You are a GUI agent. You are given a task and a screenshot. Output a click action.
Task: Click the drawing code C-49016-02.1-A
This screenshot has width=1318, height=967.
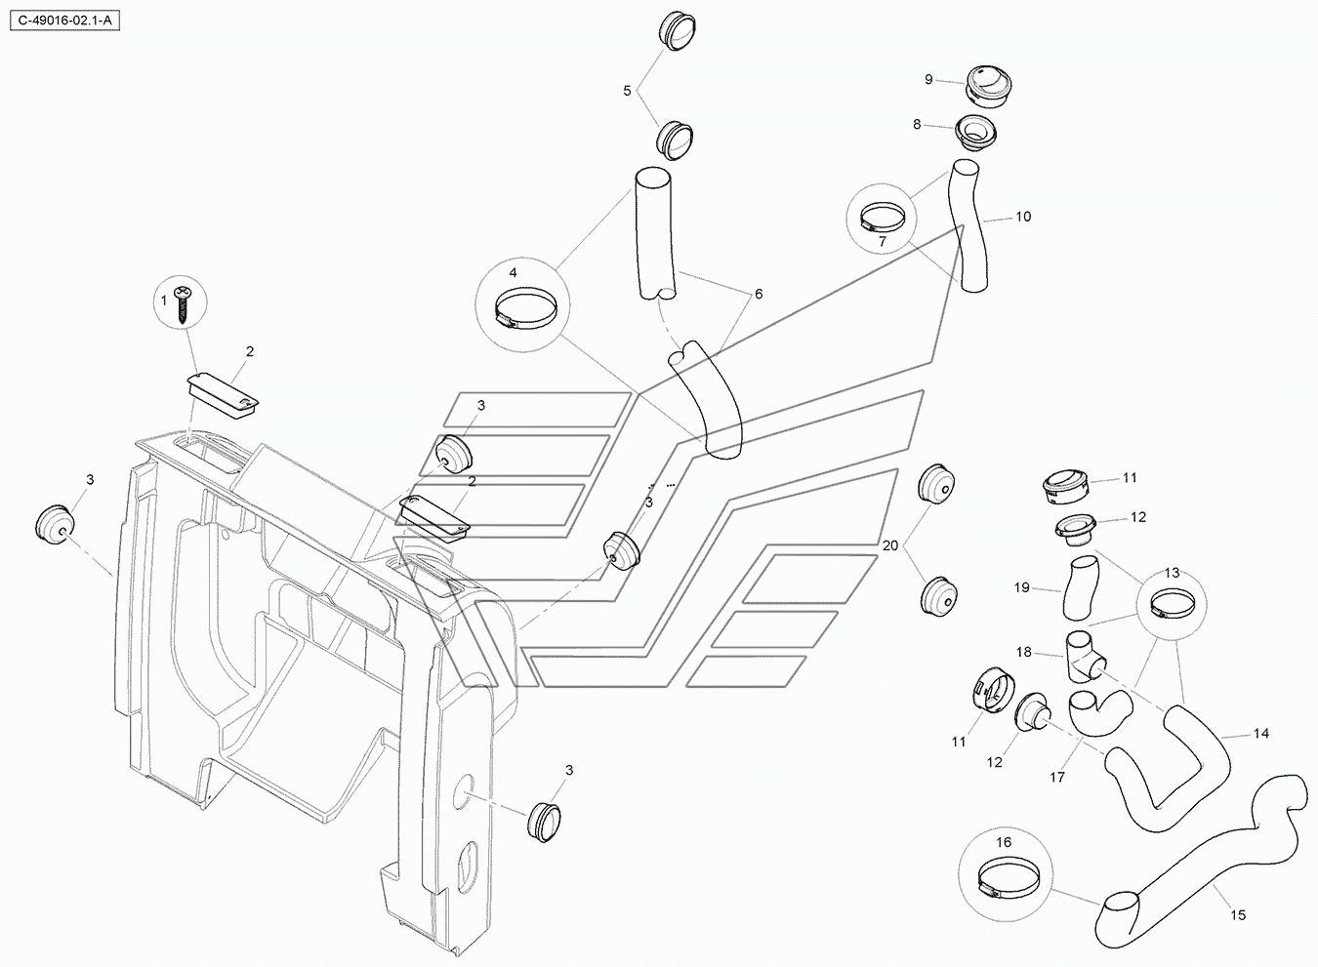[x=64, y=20]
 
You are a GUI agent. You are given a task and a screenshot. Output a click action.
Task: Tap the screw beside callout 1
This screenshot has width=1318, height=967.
[x=185, y=302]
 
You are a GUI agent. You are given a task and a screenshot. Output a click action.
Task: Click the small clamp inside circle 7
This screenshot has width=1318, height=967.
[x=883, y=217]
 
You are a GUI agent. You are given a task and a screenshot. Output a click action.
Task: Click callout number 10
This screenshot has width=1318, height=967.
[x=1023, y=217]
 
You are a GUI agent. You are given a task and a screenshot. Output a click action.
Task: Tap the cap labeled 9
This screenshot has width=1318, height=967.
[x=988, y=87]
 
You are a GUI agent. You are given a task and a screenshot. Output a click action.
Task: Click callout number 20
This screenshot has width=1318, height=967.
[x=890, y=545]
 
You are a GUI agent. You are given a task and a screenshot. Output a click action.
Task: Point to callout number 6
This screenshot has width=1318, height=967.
[x=759, y=294]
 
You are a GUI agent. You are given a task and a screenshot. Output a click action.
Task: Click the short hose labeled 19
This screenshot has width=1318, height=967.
[x=1081, y=588]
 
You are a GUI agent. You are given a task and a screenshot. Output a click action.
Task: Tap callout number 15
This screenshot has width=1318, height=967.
[x=1239, y=914]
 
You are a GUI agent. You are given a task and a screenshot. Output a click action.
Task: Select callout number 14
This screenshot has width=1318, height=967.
[x=1261, y=733]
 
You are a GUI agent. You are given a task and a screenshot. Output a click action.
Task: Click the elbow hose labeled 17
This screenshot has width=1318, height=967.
[x=1099, y=714]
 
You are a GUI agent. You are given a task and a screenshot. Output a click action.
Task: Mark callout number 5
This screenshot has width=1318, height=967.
[x=627, y=91]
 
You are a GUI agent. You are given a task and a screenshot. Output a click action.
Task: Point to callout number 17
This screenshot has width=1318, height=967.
[x=1057, y=777]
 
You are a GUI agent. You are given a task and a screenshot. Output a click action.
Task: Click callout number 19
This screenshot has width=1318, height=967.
[x=1022, y=587]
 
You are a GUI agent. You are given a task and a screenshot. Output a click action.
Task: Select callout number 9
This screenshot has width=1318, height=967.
[x=928, y=79]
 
